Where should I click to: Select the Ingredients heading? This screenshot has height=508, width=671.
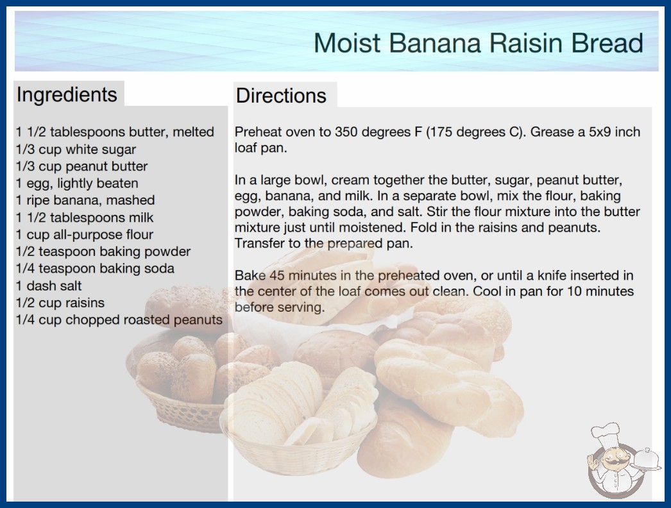coord(67,95)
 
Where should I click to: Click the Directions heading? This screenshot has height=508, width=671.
coord(281,95)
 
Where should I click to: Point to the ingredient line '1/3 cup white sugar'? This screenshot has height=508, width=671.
coord(76,149)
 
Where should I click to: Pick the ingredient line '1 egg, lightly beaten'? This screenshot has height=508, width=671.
coord(77,183)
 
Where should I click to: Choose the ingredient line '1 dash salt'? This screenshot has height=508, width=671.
coord(48,285)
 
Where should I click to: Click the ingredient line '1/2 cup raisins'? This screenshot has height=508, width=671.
coord(60,303)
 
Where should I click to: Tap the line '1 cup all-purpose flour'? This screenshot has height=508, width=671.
coord(84,235)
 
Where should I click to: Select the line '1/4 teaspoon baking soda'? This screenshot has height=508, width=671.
coord(95,268)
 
